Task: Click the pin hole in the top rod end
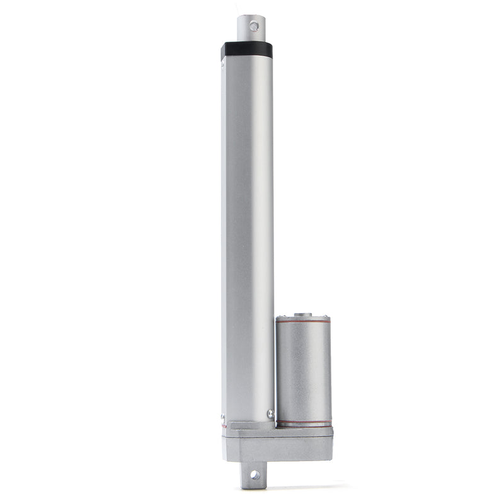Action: tap(255, 26)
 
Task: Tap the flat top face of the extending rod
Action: tap(251, 16)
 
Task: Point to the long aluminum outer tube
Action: tap(247, 220)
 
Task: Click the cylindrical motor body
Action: tap(303, 372)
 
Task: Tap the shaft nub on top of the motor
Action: tap(303, 314)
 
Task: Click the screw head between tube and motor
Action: tap(271, 413)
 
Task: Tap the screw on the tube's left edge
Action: tap(223, 417)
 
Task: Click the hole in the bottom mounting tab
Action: tap(255, 475)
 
